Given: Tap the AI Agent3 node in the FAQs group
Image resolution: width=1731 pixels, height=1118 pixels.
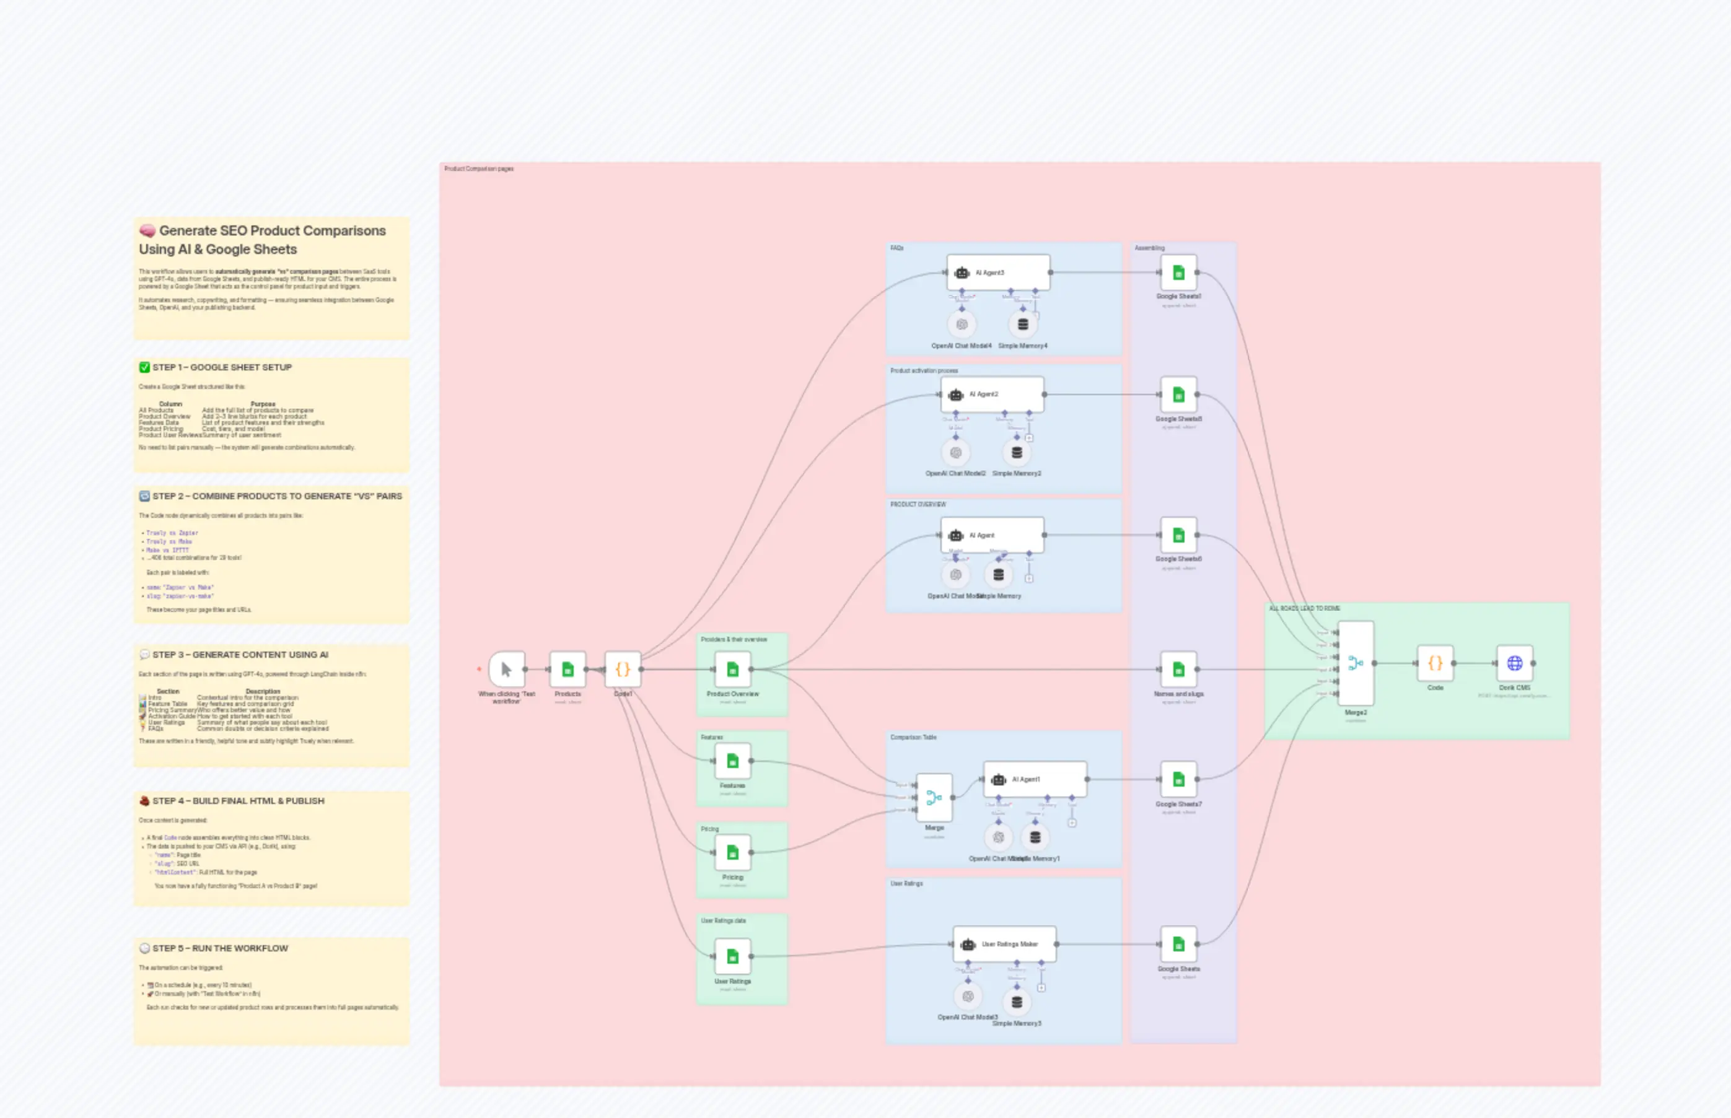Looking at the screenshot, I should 997,273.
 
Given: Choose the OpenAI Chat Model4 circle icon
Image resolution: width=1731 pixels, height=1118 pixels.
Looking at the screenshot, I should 962,325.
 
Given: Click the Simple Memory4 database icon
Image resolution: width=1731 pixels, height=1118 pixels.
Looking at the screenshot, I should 1022,325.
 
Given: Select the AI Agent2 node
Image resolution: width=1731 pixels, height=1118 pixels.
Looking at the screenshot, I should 992,394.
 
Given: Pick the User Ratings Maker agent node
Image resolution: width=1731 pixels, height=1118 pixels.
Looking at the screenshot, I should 1004,944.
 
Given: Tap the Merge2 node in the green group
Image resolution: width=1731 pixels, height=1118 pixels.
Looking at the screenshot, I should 1355,663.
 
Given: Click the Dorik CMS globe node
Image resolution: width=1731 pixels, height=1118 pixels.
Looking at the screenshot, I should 1514,663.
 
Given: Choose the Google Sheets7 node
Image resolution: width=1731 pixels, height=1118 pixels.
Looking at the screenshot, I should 1178,779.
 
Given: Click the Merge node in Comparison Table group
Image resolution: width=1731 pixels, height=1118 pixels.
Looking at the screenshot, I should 934,797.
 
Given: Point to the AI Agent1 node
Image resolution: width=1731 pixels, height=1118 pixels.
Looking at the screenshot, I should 1035,779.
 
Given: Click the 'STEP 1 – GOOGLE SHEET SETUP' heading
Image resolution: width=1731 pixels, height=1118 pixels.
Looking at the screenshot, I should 221,367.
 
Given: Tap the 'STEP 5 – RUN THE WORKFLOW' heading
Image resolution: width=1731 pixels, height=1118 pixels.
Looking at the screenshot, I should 219,948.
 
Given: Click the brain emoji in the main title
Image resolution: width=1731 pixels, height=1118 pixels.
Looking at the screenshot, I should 147,231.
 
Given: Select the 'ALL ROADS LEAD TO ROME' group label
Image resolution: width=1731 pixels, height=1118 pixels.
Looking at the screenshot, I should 1304,608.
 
